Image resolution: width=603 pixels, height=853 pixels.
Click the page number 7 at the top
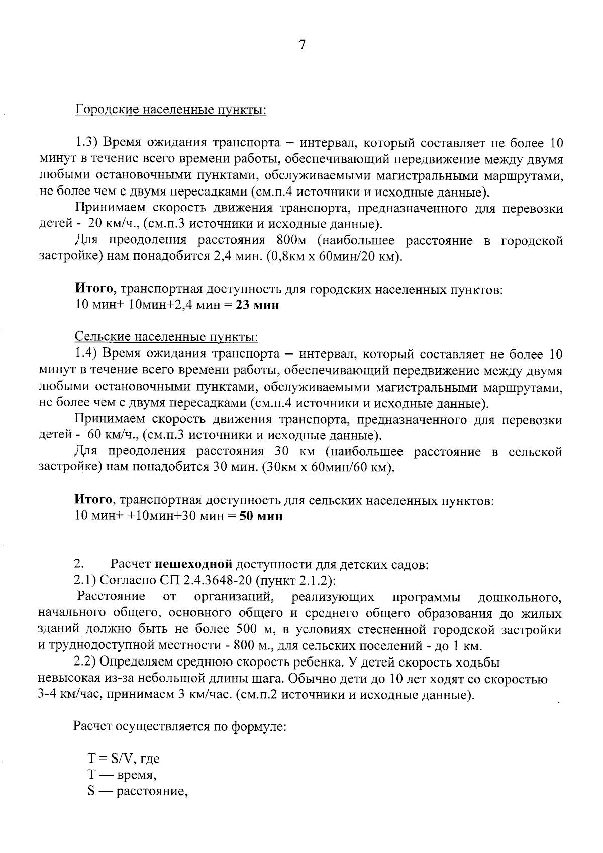pos(302,45)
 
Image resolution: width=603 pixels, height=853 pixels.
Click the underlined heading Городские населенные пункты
pos(170,110)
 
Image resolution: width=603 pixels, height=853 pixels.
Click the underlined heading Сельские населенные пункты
pos(166,336)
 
